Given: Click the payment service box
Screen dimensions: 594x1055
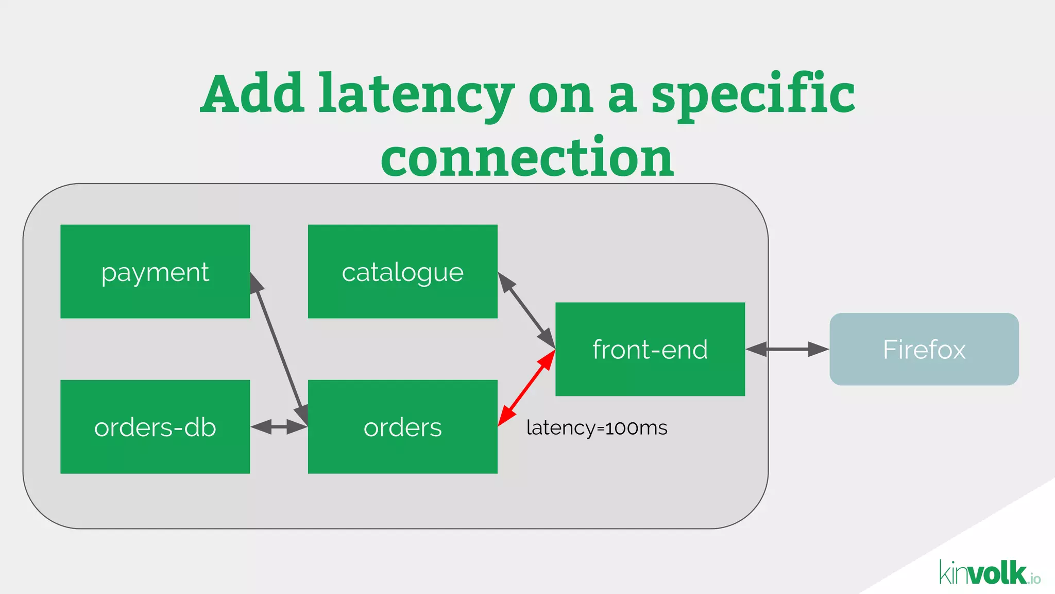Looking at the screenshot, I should point(155,271).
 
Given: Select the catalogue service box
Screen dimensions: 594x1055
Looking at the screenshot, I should point(402,271).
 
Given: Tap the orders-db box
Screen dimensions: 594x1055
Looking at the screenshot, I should point(155,427).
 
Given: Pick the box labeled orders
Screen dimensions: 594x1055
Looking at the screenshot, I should point(402,427).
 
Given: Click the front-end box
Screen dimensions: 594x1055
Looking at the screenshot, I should point(650,349).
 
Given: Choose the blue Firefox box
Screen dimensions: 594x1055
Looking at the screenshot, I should point(924,349).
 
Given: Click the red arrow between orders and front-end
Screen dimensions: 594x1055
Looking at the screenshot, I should point(526,388).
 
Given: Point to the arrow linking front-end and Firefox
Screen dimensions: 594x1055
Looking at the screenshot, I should point(787,349).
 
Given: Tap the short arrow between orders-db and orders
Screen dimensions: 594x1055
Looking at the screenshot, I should point(279,427).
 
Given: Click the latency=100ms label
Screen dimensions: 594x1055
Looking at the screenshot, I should point(597,428).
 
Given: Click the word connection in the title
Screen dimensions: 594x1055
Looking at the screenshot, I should point(527,157).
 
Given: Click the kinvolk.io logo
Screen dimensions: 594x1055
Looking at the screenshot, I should point(989,573).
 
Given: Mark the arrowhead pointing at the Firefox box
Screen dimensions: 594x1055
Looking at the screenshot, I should point(819,349).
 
